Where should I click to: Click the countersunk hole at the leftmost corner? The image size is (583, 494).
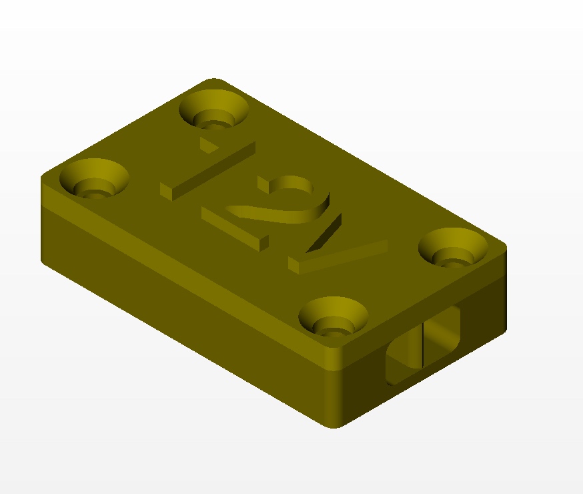click(94, 178)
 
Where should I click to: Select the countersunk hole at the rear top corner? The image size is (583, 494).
click(214, 109)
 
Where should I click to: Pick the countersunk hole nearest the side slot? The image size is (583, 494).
click(333, 316)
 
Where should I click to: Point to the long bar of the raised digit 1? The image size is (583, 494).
click(208, 171)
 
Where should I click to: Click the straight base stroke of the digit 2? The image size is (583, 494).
click(234, 229)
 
